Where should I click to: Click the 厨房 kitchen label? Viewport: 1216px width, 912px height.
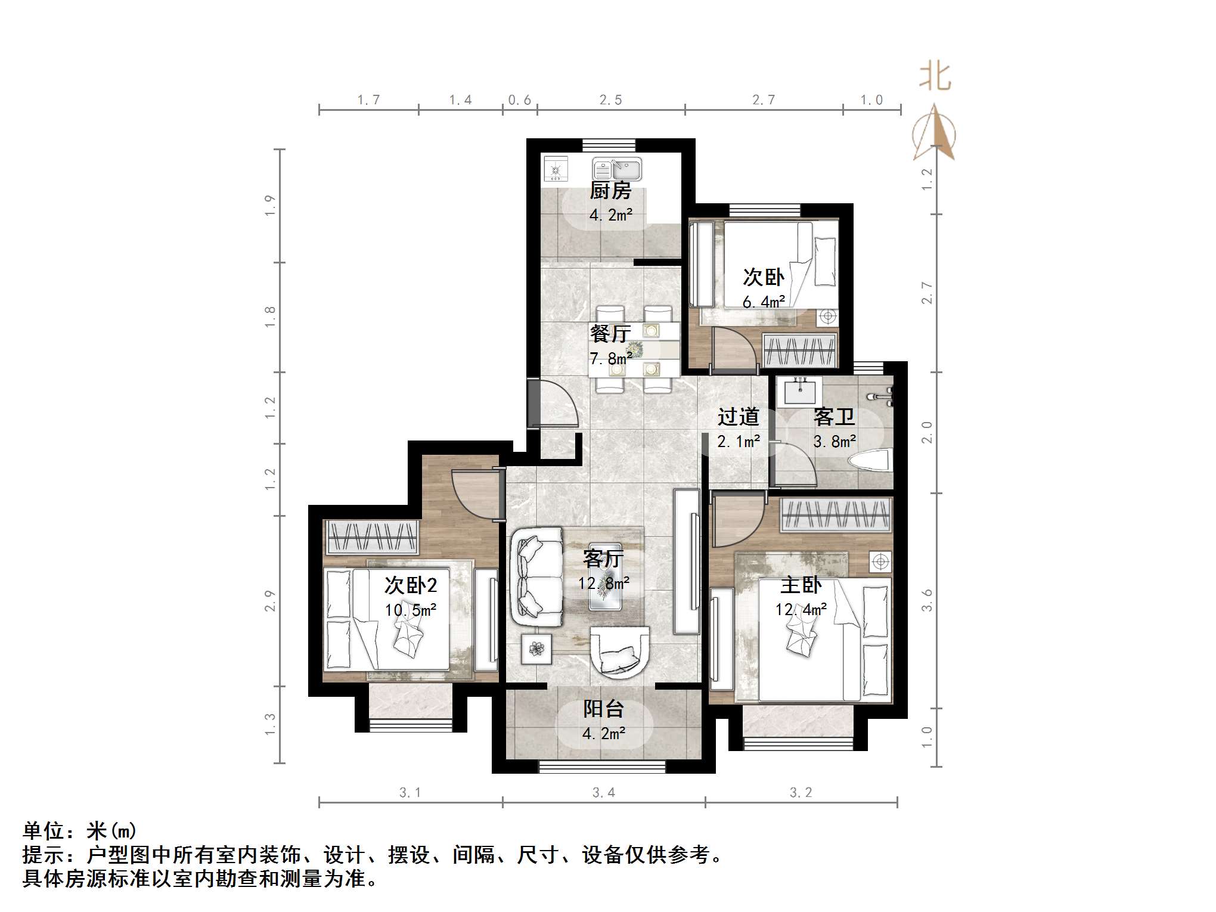[x=610, y=191]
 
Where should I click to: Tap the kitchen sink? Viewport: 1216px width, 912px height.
[x=616, y=169]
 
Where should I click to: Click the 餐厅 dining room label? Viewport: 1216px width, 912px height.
[x=610, y=333]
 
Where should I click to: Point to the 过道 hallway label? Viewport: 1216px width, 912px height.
[x=738, y=417]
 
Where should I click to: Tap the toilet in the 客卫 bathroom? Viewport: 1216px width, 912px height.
[x=870, y=461]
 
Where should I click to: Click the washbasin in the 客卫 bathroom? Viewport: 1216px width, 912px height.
[x=799, y=392]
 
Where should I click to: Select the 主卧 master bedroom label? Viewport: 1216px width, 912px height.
[x=801, y=585]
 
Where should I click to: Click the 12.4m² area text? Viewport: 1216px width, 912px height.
[x=801, y=610]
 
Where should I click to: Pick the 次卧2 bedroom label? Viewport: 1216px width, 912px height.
[x=411, y=585]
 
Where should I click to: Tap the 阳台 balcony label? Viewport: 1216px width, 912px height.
[x=603, y=709]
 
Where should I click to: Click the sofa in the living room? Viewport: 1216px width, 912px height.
[x=537, y=577]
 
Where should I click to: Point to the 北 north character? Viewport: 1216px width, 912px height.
[x=935, y=77]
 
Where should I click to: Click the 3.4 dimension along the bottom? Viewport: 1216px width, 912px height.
[x=603, y=793]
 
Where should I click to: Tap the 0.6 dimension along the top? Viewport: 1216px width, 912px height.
[x=519, y=100]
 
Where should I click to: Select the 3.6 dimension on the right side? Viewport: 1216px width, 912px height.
[x=927, y=600]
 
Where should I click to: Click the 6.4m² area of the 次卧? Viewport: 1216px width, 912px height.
[x=764, y=302]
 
